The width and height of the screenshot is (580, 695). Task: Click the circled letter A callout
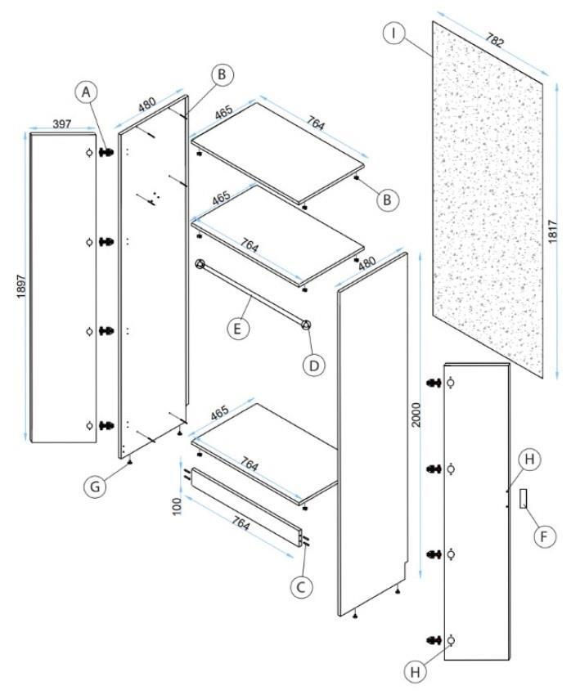(86, 92)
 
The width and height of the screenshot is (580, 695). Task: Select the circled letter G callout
(96, 486)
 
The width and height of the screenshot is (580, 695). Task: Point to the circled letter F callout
(544, 536)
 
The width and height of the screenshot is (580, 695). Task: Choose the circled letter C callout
(301, 587)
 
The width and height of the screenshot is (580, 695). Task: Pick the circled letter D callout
(314, 365)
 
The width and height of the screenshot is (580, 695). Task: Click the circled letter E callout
(238, 329)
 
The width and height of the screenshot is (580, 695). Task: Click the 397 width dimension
(61, 124)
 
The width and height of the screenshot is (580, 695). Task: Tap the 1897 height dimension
(21, 286)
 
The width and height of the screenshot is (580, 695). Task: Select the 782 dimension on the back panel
(494, 40)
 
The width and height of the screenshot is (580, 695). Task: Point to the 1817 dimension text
(552, 231)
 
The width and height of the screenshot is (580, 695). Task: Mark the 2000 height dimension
(416, 415)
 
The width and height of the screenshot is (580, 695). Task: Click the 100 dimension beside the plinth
(177, 506)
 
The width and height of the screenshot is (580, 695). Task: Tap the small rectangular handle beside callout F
(524, 498)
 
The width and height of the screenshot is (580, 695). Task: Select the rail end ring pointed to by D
(305, 325)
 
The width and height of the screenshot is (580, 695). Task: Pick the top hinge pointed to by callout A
(106, 152)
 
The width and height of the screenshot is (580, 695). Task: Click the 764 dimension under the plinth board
(241, 523)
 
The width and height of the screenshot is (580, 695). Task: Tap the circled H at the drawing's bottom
(416, 672)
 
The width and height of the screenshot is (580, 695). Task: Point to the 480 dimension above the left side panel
(146, 105)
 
